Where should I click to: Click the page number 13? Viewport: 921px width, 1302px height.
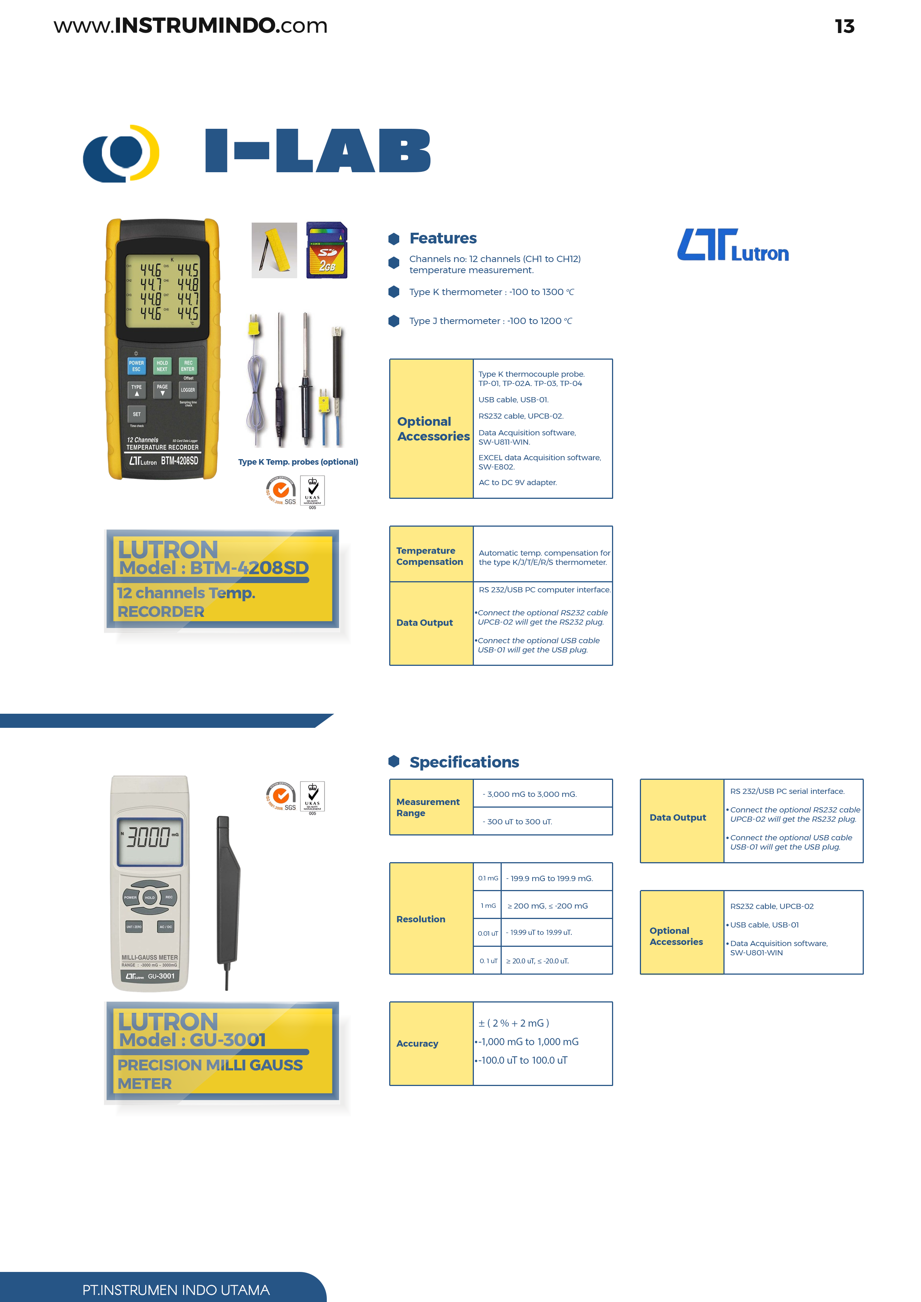844,26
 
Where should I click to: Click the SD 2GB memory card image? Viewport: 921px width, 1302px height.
327,250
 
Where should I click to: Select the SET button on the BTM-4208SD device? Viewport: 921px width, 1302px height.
137,414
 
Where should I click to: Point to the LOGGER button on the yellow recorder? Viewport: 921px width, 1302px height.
188,390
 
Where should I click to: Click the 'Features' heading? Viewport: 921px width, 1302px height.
443,238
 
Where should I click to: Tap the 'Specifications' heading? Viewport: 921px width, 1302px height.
464,762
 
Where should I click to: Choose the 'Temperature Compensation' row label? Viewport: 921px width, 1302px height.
430,556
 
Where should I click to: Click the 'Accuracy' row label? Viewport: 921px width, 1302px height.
417,1043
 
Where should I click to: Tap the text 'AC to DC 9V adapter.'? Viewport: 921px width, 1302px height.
518,482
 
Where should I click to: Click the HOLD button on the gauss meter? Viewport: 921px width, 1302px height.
150,898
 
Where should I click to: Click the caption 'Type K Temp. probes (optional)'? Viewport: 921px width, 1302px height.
298,462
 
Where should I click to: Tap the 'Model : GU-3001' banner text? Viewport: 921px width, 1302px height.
192,1040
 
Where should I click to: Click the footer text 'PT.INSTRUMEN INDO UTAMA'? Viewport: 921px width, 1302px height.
176,1290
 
